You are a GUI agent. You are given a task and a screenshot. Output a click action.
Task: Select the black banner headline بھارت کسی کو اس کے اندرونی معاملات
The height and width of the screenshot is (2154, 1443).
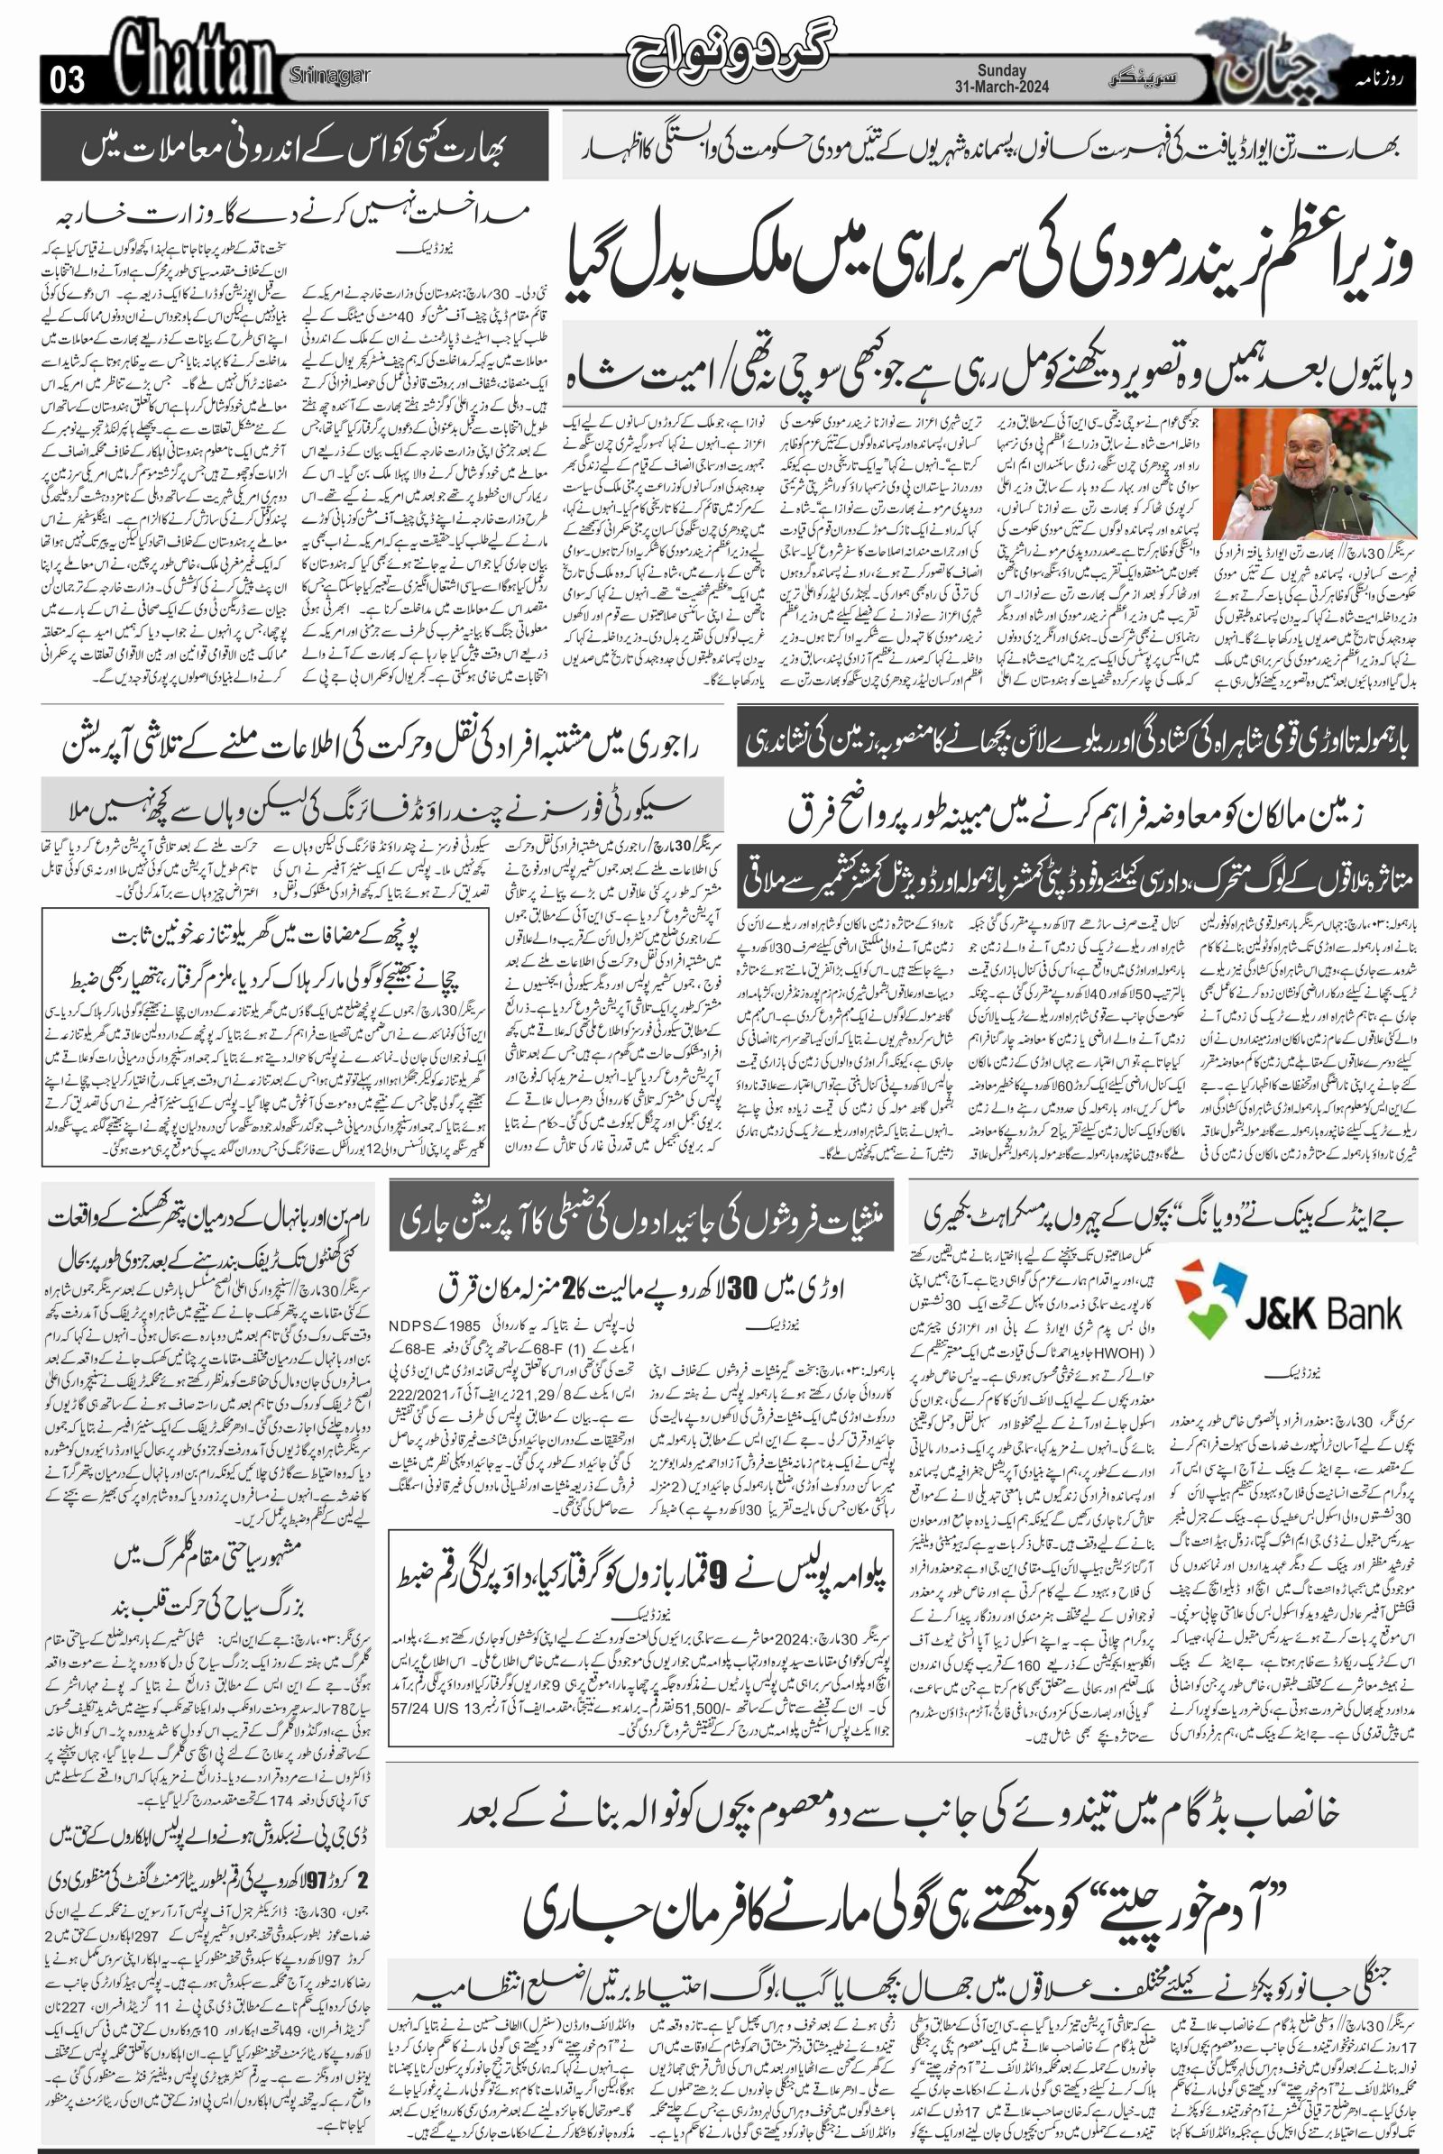pos(295,146)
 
